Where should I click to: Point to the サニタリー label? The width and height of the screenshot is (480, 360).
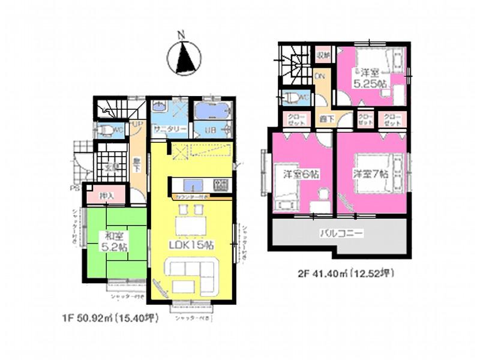(x=168, y=129)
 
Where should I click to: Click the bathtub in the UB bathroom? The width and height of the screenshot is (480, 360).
(x=212, y=112)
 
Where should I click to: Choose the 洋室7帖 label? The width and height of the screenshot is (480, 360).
(x=370, y=173)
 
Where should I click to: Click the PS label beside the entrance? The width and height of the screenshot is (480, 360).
(x=76, y=188)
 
